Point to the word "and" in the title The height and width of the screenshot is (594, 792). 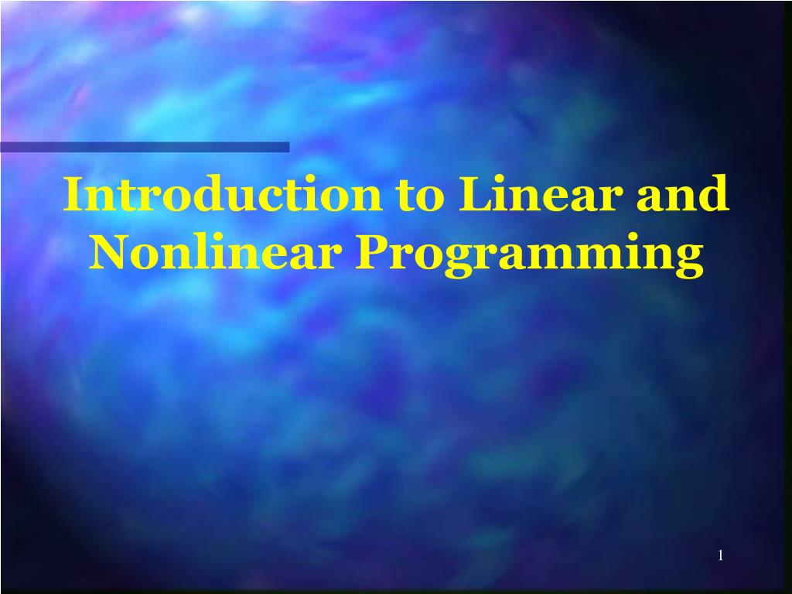point(682,195)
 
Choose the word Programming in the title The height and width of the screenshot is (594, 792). point(530,255)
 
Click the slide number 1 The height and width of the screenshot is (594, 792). point(720,555)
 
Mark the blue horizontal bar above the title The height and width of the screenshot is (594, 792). point(145,147)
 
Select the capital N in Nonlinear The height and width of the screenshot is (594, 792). point(109,252)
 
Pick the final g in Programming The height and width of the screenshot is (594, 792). point(689,259)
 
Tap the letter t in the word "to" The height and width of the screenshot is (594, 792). point(408,196)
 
